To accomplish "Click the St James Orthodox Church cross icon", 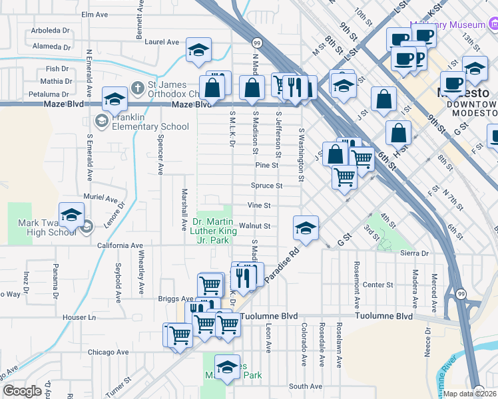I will (137, 87).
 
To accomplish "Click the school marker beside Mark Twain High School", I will (71, 215).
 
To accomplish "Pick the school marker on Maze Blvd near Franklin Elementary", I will (115, 100).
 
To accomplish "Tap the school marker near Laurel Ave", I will (198, 51).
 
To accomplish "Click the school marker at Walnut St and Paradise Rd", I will (305, 228).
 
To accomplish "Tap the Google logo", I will (21, 391).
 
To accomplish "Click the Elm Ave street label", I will (94, 14).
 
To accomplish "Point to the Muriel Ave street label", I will (101, 198).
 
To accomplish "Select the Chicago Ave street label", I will (102, 351).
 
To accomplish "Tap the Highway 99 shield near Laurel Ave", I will (257, 43).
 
